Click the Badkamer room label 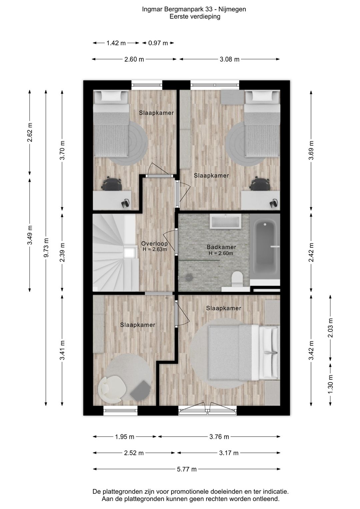[221, 247]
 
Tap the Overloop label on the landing [154, 243]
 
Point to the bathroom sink [226, 221]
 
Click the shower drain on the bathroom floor [189, 277]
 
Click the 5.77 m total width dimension [186, 469]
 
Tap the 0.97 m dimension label [158, 43]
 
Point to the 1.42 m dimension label [116, 43]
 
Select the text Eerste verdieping [195, 17]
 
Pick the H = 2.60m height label [221, 253]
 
